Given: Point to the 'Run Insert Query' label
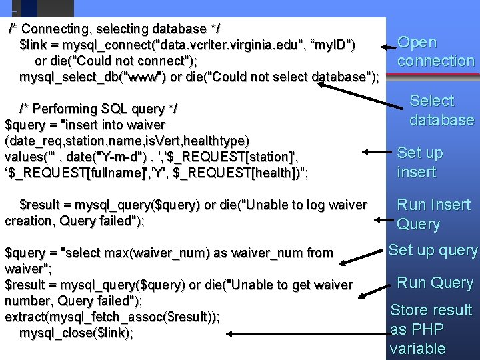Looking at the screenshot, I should tap(433, 214).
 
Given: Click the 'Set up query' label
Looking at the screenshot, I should tap(433, 251).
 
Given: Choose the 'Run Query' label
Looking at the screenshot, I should tap(435, 283).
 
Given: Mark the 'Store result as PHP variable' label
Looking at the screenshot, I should tap(431, 329).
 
